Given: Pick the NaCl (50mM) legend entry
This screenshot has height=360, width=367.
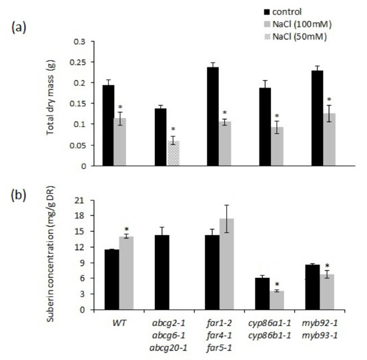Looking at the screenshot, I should point(294,35).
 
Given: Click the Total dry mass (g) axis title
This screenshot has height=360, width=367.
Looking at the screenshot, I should point(51,104).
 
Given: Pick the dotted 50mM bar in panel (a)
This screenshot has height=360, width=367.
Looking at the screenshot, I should point(173,153).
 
